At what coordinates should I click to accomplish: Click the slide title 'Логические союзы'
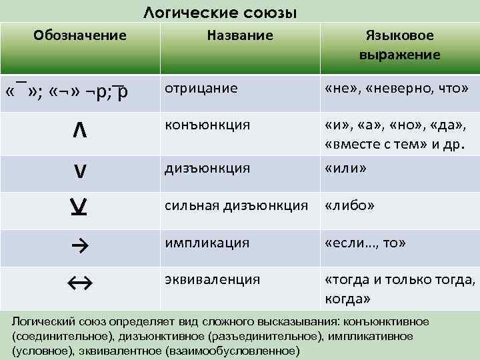click(x=220, y=13)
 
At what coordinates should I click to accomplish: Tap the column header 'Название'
click(x=239, y=35)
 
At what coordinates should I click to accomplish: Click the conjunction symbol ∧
click(x=79, y=129)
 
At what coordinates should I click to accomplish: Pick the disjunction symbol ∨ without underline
click(x=79, y=172)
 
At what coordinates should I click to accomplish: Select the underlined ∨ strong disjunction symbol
click(x=79, y=209)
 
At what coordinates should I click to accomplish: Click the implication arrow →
click(x=80, y=246)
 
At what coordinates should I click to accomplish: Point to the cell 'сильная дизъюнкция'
click(x=237, y=205)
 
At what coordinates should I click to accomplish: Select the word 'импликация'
click(x=207, y=243)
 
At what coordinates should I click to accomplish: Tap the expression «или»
click(x=345, y=168)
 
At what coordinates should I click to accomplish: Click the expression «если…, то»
click(x=365, y=243)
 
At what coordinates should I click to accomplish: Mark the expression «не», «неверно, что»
click(x=396, y=88)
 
